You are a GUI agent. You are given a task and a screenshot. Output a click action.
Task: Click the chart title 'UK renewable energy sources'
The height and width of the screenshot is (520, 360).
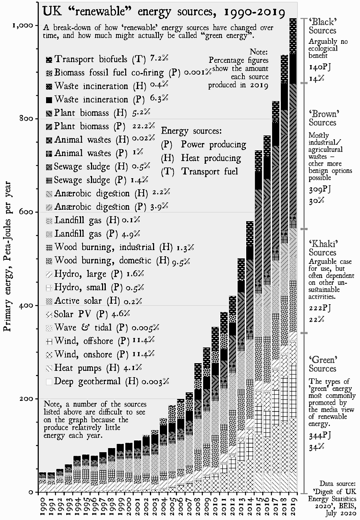(x=164, y=12)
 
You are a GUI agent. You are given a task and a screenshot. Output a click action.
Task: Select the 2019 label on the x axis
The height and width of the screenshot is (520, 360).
(x=293, y=503)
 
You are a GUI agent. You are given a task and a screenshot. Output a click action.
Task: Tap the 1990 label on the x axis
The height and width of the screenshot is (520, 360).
(x=42, y=503)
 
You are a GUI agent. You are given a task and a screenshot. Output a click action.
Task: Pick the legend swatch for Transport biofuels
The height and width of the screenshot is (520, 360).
(x=49, y=60)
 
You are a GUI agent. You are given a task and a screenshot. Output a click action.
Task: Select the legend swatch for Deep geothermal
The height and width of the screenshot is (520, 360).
(x=49, y=382)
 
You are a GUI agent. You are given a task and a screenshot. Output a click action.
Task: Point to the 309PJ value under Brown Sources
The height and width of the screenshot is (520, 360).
(x=320, y=190)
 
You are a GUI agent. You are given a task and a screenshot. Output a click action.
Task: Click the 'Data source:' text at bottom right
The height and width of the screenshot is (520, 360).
(x=338, y=483)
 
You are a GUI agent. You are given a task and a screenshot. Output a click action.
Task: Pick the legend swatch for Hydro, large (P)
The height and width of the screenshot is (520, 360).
(x=49, y=274)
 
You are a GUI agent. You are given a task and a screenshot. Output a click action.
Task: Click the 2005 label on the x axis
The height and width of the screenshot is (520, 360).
(x=172, y=503)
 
